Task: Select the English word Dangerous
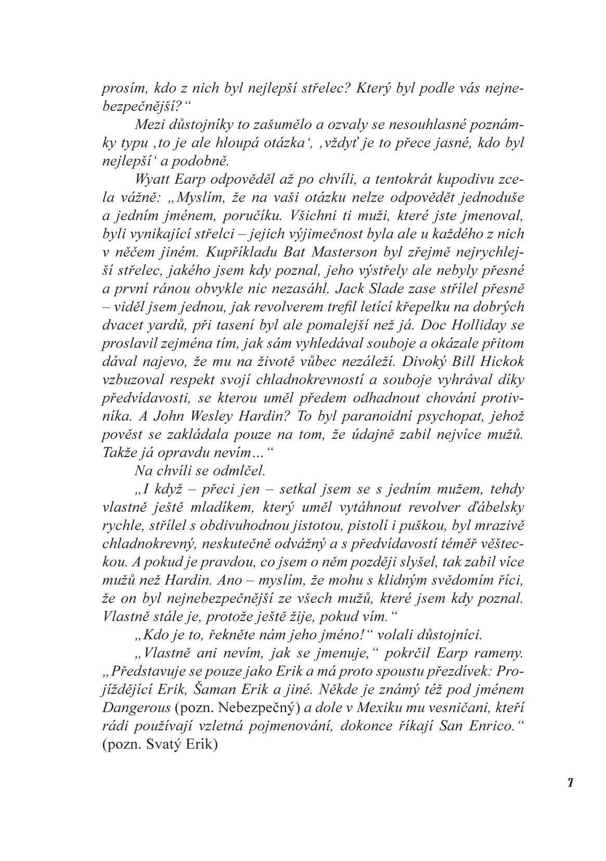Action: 136,707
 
